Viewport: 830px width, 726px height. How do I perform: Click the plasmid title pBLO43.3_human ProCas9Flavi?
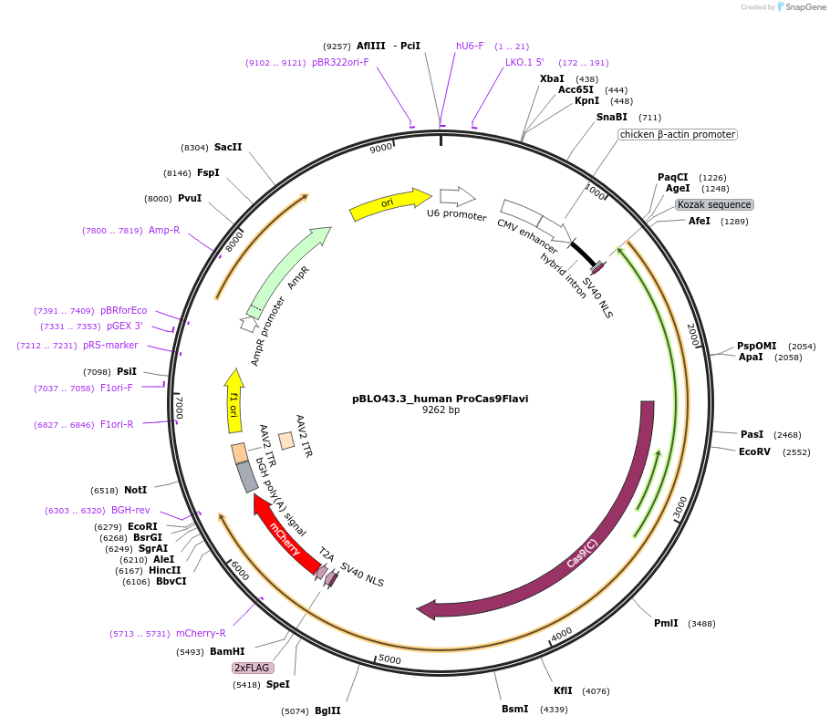pos(440,399)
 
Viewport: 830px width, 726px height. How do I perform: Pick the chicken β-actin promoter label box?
pos(677,134)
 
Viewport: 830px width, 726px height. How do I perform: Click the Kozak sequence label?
pos(714,205)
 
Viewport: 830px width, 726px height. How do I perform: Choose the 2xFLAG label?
pos(253,668)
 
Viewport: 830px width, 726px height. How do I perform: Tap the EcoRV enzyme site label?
pos(754,451)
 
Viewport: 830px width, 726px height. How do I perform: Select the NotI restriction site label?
pos(135,490)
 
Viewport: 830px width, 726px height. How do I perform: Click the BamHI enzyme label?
pos(227,651)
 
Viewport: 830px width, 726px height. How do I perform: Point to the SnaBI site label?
pos(612,117)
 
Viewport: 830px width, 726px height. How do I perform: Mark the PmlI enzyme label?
pos(666,623)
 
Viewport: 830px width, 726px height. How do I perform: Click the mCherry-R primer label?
pos(201,633)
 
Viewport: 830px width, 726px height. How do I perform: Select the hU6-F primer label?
pos(470,46)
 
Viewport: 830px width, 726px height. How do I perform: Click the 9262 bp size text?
pos(440,410)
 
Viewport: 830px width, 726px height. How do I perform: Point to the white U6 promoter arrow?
pos(457,196)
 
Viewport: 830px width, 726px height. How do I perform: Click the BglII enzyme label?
pos(327,710)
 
